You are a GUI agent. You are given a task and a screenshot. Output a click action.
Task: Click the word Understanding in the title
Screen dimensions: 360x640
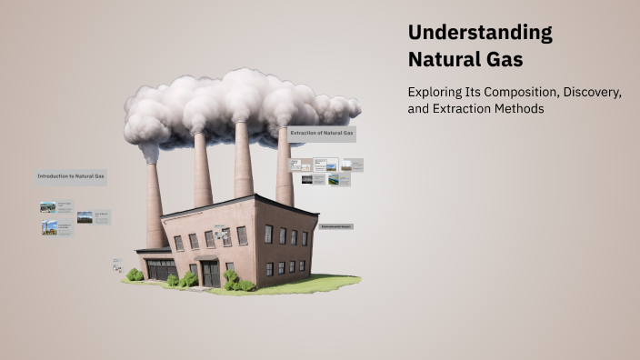pyautogui.click(x=479, y=33)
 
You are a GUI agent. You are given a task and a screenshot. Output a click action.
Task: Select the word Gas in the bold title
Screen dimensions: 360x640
pyautogui.click(x=504, y=61)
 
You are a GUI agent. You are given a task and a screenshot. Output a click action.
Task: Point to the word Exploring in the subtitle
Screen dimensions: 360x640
pyautogui.click(x=435, y=93)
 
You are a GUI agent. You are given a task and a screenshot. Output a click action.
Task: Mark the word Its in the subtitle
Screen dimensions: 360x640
pyautogui.click(x=473, y=93)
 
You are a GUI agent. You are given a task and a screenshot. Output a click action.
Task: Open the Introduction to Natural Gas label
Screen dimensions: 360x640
pyautogui.click(x=71, y=175)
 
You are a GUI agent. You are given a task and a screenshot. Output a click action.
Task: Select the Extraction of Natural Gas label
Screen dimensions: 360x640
pyautogui.click(x=322, y=134)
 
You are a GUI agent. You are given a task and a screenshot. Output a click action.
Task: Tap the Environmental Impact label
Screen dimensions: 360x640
pyautogui.click(x=335, y=225)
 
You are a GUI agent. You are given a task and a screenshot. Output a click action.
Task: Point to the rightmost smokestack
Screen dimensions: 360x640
pyautogui.click(x=285, y=168)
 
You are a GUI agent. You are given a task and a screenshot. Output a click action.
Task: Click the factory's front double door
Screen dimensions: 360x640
pyautogui.click(x=210, y=274)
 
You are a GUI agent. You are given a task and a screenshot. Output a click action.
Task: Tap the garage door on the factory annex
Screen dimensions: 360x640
pyautogui.click(x=162, y=269)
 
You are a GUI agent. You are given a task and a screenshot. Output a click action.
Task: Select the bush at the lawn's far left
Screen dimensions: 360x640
pyautogui.click(x=135, y=275)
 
